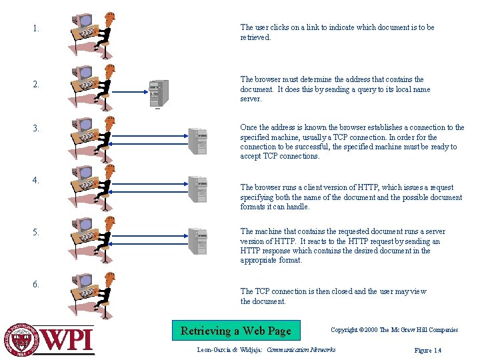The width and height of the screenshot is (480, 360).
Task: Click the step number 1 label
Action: point(35,29)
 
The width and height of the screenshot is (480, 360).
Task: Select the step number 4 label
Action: point(35,180)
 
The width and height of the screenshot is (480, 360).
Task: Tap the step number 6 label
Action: point(35,284)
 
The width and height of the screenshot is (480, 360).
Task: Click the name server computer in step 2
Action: point(159,93)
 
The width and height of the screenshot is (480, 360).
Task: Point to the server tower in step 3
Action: point(197,140)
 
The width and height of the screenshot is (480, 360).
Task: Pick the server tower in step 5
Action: point(197,241)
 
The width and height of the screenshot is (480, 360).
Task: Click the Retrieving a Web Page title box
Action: point(235,331)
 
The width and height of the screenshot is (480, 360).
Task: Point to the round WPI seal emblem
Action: point(23,340)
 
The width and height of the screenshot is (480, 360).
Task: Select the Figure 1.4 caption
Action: point(427,351)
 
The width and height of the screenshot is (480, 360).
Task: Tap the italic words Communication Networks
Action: point(301,350)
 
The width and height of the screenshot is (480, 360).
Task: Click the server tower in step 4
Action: point(197,189)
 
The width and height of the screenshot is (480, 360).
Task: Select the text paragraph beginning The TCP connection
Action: point(333,296)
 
